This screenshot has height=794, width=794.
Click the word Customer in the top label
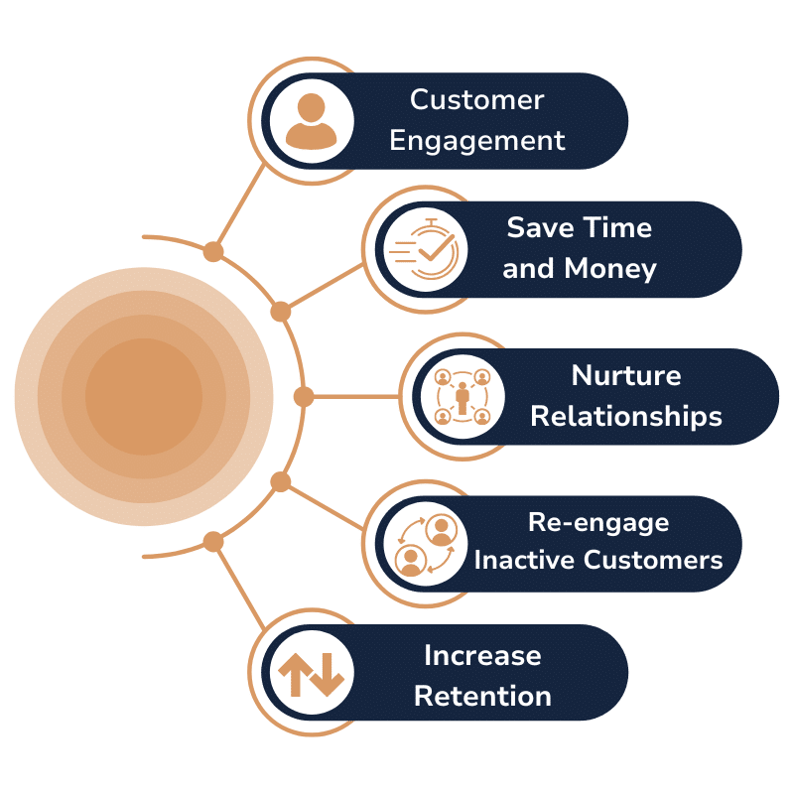pyautogui.click(x=477, y=99)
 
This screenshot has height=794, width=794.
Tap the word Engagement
pyautogui.click(x=477, y=141)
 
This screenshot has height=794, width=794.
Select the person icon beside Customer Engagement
pyautogui.click(x=311, y=121)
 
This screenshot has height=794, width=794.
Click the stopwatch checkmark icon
pyautogui.click(x=425, y=249)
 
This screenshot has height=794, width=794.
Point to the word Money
pyautogui.click(x=610, y=269)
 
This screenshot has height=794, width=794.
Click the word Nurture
pyautogui.click(x=626, y=376)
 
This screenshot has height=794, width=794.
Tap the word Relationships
pyautogui.click(x=626, y=417)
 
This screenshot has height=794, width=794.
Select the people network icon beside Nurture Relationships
pyautogui.click(x=463, y=396)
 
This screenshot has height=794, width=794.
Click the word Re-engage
pyautogui.click(x=598, y=523)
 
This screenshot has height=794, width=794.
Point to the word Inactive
pyautogui.click(x=524, y=560)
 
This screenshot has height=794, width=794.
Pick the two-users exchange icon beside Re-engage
pyautogui.click(x=426, y=544)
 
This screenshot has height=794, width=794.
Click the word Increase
pyautogui.click(x=482, y=656)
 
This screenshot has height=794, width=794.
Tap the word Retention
pyautogui.click(x=482, y=697)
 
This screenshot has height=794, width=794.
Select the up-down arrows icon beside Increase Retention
pyautogui.click(x=311, y=674)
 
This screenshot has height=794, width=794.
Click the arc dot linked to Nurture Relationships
pyautogui.click(x=304, y=396)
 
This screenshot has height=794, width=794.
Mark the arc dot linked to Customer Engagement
pyautogui.click(x=213, y=252)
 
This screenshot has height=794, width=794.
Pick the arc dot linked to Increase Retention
pyautogui.click(x=213, y=541)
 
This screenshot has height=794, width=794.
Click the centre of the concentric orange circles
pyautogui.click(x=144, y=396)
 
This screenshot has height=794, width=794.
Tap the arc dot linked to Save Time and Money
pyautogui.click(x=281, y=312)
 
